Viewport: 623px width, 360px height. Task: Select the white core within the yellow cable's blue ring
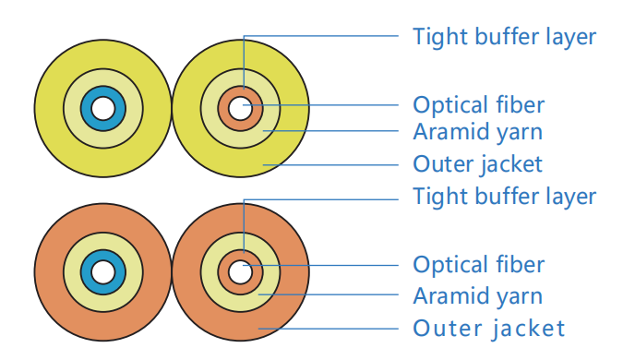(x=102, y=109)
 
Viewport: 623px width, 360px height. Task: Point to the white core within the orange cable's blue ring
(x=102, y=272)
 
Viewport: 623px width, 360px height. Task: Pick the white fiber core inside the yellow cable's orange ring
(x=240, y=109)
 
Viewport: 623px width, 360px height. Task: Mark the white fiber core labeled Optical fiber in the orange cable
(x=240, y=272)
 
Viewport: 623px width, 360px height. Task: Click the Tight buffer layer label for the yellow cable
(x=505, y=37)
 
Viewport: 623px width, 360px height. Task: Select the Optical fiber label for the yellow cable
(x=479, y=105)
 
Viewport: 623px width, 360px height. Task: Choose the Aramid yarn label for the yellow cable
(x=478, y=132)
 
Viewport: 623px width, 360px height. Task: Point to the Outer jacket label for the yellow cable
(x=477, y=164)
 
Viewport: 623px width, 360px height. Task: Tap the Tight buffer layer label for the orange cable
(x=505, y=197)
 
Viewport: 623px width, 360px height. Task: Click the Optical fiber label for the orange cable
(x=479, y=265)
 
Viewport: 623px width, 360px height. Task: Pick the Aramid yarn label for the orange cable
(x=478, y=296)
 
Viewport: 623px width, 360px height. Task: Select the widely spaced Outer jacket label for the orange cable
(x=489, y=329)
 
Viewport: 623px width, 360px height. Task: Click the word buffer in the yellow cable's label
(x=508, y=36)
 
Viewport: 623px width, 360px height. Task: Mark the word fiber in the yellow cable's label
(x=521, y=105)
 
